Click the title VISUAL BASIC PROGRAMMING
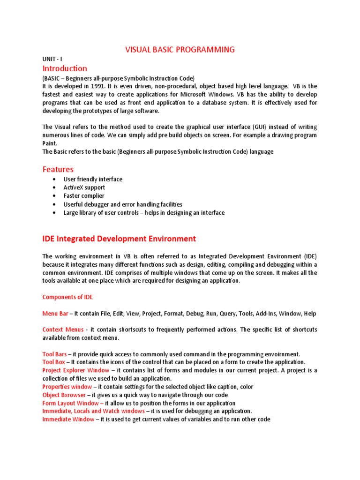pyautogui.click(x=180, y=50)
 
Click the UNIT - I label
pyautogui.click(x=52, y=60)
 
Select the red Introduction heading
pyautogui.click(x=65, y=68)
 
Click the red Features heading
pyautogui.click(x=58, y=169)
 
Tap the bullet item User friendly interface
pyautogui.click(x=93, y=179)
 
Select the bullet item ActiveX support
pyautogui.click(x=84, y=187)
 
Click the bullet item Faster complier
pyautogui.click(x=84, y=196)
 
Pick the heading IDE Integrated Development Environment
pyautogui.click(x=119, y=239)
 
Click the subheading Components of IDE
pyautogui.click(x=67, y=297)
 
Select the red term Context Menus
pyautogui.click(x=63, y=330)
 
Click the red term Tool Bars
pyautogui.click(x=54, y=354)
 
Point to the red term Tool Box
pyautogui.click(x=53, y=362)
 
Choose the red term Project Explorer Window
pyautogui.click(x=75, y=370)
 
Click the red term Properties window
pyautogui.click(x=67, y=387)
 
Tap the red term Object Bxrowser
pyautogui.click(x=64, y=395)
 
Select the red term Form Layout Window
pyautogui.click(x=73, y=403)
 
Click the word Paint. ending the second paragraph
pyautogui.click(x=50, y=143)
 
